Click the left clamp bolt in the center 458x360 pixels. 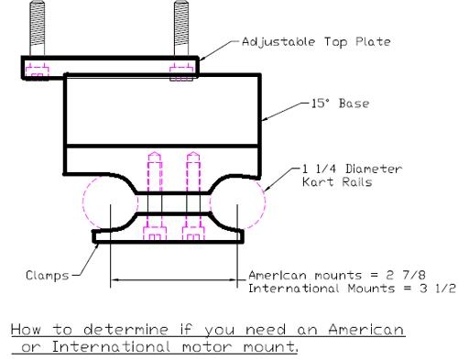point(152,197)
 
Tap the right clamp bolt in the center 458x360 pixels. point(192,197)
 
